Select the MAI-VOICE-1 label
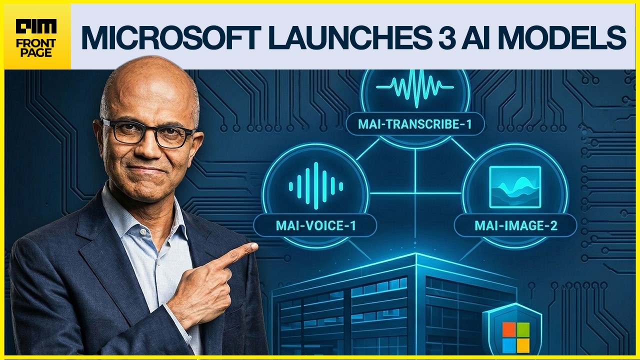tap(315, 225)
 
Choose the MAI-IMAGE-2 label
tap(515, 225)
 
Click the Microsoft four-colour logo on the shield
tap(515, 337)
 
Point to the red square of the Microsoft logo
tap(508, 329)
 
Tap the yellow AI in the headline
tap(478, 37)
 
